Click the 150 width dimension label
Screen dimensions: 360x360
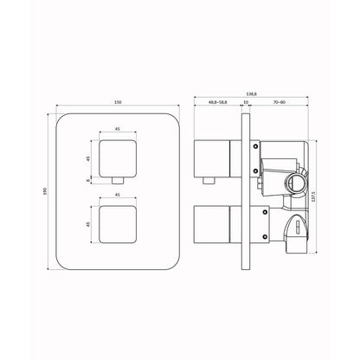click(118, 102)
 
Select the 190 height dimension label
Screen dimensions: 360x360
click(45, 191)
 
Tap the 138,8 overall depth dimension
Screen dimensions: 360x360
click(251, 93)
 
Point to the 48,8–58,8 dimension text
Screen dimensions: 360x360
click(218, 102)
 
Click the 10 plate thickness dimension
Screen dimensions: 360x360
click(246, 102)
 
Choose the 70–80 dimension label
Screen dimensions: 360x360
click(279, 102)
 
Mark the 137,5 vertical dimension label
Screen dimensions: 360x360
click(313, 196)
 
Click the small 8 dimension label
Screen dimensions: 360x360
click(88, 180)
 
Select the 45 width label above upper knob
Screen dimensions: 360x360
click(118, 129)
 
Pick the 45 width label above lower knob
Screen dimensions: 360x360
click(118, 195)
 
